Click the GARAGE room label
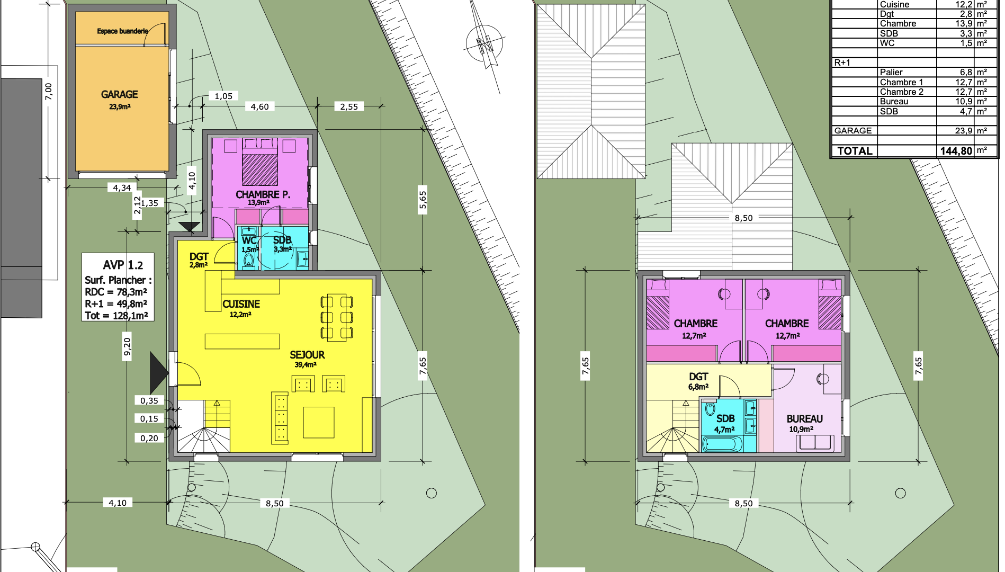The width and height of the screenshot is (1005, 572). point(119,94)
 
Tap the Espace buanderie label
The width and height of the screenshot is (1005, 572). point(122,31)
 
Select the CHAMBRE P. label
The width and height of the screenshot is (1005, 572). point(263,194)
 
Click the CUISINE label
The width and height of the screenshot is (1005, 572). point(241,304)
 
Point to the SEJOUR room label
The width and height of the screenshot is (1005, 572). point(307,355)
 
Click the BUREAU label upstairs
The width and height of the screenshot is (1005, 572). point(804,418)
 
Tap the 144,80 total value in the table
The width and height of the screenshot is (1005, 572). point(956,151)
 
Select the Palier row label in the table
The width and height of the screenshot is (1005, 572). point(891,72)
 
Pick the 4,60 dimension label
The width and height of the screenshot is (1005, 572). point(259,106)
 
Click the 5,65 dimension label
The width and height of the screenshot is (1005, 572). point(423,200)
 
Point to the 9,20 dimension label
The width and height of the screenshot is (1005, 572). point(127,346)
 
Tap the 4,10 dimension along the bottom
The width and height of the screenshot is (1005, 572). point(118,503)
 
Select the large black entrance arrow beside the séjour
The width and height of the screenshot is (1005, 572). point(159,372)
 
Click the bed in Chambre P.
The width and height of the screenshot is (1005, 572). point(260,162)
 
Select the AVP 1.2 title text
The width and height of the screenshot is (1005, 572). point(123,265)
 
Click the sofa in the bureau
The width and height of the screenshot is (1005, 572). point(815,443)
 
